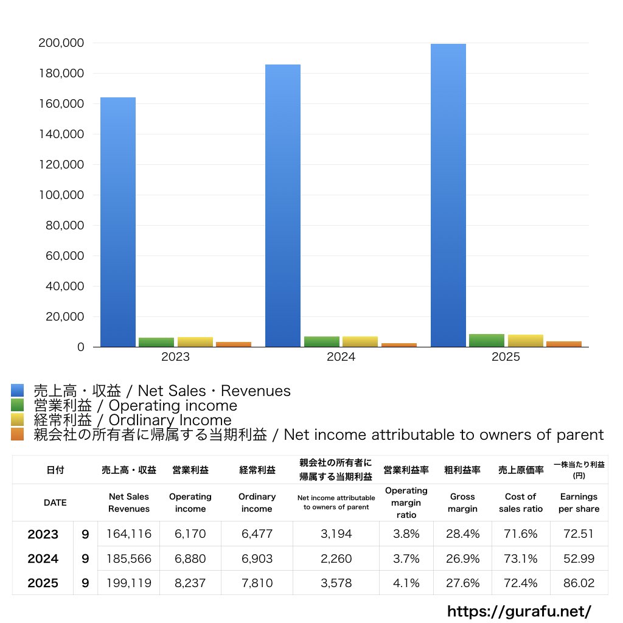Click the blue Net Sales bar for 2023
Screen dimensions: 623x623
pos(118,222)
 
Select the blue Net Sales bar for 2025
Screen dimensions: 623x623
pos(448,195)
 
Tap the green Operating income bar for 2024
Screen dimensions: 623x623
pos(322,342)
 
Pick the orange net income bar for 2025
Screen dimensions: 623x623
pos(564,344)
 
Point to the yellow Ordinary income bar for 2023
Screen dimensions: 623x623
pos(195,342)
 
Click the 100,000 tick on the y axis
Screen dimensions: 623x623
pos(61,195)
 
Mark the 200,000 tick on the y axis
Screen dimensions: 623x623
pos(61,43)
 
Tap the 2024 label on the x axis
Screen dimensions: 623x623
pos(341,357)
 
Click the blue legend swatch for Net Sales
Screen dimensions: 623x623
pos(18,390)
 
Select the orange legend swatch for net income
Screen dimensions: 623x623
pos(18,434)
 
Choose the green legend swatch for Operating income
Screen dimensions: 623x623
pos(18,405)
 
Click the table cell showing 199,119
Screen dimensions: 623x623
pos(129,583)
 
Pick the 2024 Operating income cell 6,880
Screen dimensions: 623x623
pos(190,559)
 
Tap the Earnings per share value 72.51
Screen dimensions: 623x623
pos(579,534)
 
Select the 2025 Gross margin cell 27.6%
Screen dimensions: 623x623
pos(462,583)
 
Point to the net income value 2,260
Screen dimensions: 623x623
pos(336,559)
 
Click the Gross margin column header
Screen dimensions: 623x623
pos(462,503)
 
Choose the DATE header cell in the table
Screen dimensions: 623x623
pos(55,503)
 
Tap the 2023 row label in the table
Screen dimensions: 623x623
pos(43,534)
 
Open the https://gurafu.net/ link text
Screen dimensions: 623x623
pos(519,611)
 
